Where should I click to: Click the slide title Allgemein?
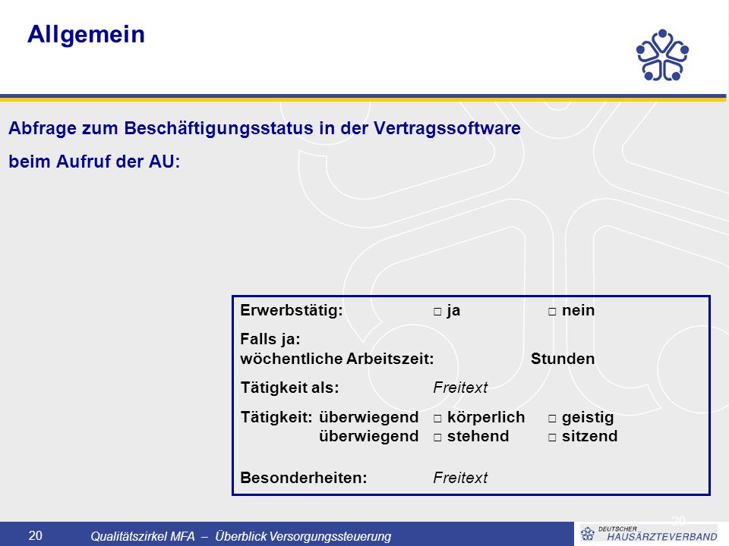tap(86, 35)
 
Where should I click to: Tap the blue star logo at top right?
tap(662, 55)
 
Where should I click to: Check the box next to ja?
tap(437, 312)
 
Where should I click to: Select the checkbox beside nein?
tap(552, 312)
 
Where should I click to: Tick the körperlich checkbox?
tap(437, 419)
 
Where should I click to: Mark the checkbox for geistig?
tap(552, 419)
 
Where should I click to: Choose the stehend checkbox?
tap(437, 438)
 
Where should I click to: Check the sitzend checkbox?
tap(552, 438)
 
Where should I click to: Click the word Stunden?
tap(563, 359)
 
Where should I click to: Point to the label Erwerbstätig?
tap(292, 311)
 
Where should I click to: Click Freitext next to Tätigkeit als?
tap(460, 388)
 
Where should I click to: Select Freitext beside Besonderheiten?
tap(460, 478)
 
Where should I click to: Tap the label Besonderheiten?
tap(304, 478)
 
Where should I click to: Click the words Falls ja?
tap(270, 340)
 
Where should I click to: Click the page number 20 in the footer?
tap(36, 536)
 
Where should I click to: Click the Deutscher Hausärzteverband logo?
tap(649, 533)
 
